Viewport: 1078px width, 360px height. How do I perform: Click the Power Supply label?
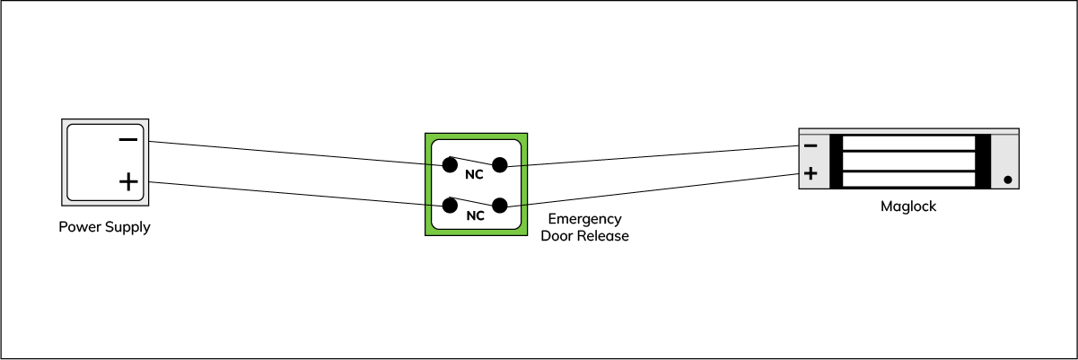(104, 227)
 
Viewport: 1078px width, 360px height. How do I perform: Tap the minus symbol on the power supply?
(128, 140)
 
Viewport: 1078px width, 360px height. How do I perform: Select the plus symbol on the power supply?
(128, 182)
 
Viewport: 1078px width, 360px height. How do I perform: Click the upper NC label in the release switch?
(474, 174)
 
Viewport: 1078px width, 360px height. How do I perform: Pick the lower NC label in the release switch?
(475, 215)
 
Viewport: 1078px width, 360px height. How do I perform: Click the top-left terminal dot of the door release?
(449, 164)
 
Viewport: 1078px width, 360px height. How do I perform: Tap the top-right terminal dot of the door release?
(500, 164)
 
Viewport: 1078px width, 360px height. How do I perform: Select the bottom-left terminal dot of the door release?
(449, 206)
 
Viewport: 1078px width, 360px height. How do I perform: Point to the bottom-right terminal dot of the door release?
(500, 206)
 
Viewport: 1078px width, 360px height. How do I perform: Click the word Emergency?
(584, 219)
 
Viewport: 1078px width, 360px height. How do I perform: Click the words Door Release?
(584, 236)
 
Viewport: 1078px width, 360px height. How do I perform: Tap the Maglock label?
(908, 206)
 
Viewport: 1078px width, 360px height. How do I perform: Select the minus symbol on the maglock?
(811, 145)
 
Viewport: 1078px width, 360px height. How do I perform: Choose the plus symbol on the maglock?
(811, 173)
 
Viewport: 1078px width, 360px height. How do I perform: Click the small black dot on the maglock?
(1008, 180)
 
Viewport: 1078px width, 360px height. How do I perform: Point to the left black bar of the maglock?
(837, 162)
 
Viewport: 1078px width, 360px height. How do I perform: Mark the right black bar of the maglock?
(982, 162)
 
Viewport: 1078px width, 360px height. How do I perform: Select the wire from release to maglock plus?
(655, 189)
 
